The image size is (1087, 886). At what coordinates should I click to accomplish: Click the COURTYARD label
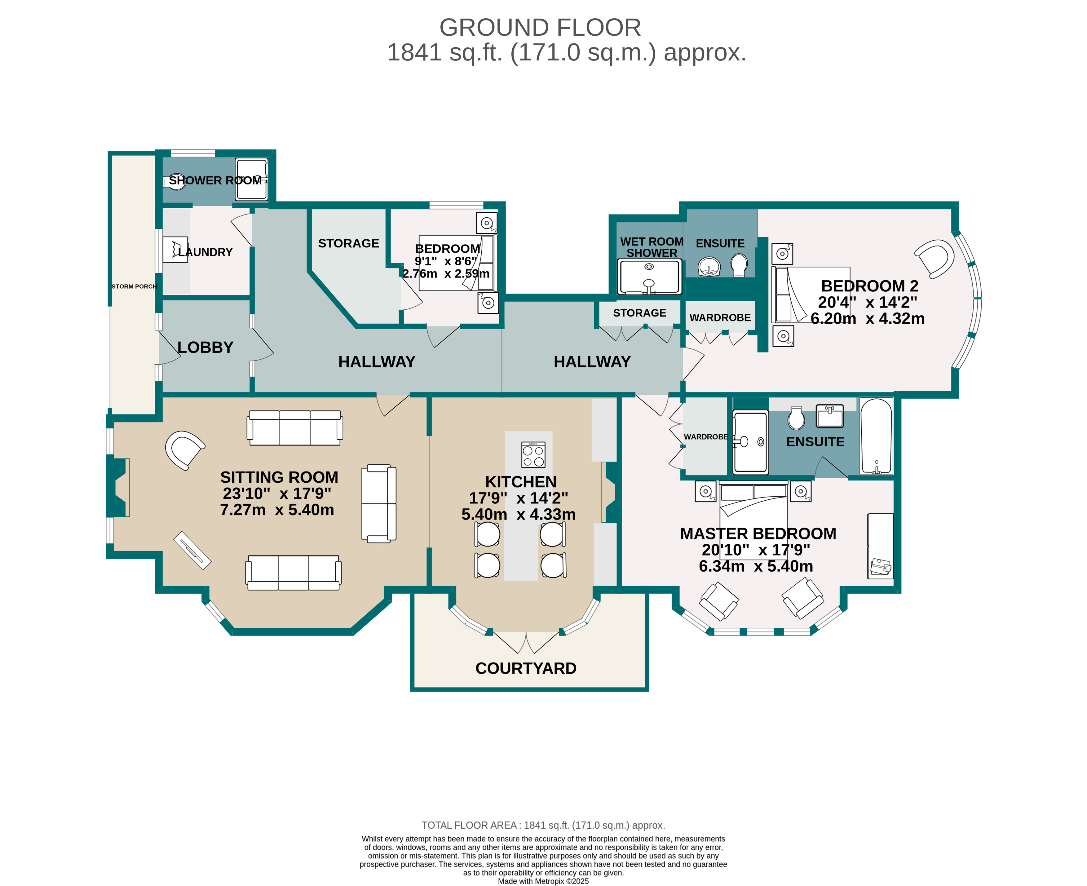(x=526, y=668)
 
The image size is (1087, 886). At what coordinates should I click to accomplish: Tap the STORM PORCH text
(x=134, y=286)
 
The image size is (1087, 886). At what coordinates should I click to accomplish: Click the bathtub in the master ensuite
(x=876, y=436)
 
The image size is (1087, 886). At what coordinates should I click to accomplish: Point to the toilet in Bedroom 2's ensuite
(x=738, y=265)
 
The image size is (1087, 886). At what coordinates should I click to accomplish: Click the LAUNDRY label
(x=205, y=252)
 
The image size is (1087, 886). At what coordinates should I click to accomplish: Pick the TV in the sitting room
(x=192, y=551)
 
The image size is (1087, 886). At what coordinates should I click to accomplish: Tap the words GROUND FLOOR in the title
(x=540, y=28)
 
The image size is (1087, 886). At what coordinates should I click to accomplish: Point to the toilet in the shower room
(x=175, y=182)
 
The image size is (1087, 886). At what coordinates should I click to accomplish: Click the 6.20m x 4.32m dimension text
(x=867, y=318)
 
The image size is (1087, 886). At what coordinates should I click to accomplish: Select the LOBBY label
(x=205, y=348)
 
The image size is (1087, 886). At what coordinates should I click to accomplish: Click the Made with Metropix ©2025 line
(x=543, y=881)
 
